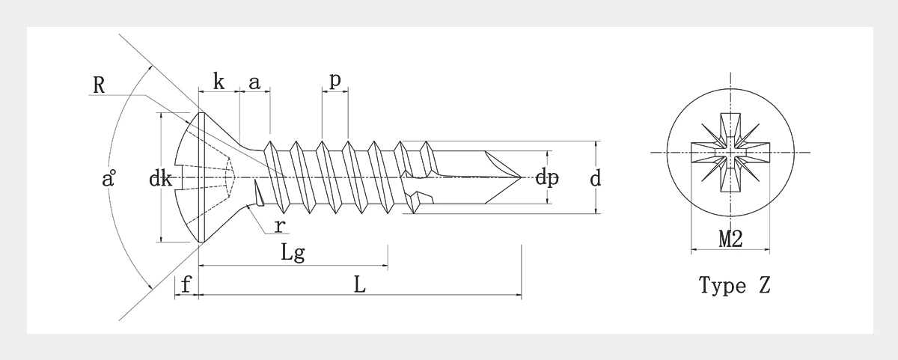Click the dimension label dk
coord(161,179)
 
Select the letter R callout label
coord(98,85)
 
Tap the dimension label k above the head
coord(218,82)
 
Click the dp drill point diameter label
coord(547,179)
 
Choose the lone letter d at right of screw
coord(596,179)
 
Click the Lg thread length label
coord(293,252)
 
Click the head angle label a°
coord(109,180)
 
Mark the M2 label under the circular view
coord(730,240)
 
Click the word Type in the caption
coord(722,285)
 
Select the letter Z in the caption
coord(763,285)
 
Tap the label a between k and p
coord(254,82)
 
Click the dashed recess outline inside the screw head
coord(224,177)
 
